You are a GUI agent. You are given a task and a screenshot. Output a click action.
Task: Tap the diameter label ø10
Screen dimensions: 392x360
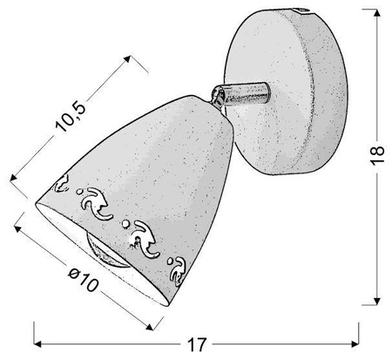[84, 280]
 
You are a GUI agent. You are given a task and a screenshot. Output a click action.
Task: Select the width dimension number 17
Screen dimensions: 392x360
[197, 344]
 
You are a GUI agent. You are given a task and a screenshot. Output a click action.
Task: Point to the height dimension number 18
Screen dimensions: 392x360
[377, 155]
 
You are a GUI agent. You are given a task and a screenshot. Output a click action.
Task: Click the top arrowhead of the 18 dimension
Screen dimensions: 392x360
[377, 13]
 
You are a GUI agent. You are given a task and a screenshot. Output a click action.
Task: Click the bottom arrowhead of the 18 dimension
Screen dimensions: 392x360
[377, 302]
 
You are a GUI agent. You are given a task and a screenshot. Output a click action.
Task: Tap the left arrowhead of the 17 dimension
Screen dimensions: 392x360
[37, 344]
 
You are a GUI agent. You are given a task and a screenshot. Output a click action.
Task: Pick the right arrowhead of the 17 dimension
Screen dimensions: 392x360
[355, 344]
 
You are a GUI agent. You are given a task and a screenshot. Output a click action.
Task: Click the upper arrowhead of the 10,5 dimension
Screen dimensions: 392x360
[127, 59]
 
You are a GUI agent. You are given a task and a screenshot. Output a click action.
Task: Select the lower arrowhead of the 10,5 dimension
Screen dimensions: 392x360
[14, 177]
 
